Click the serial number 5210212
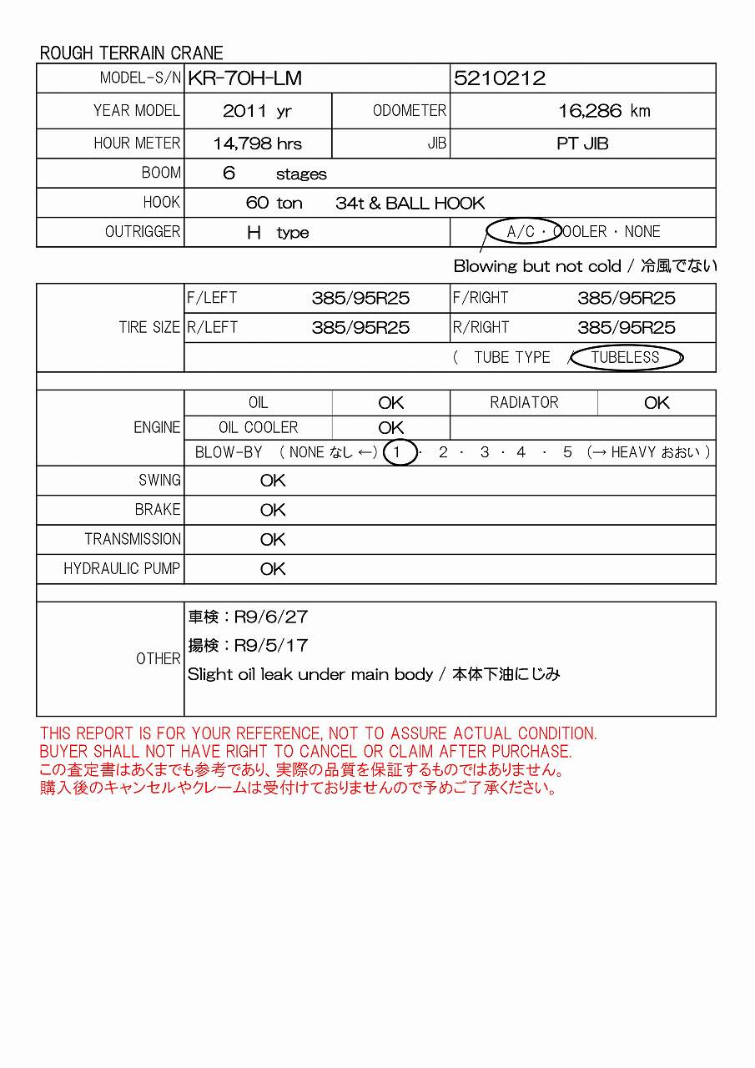pos(500,78)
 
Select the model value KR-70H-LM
pos(244,78)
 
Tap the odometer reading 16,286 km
pos(604,111)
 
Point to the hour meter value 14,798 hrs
pos(257,144)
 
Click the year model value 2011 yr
pos(257,111)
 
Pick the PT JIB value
pos(582,144)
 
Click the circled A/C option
pos(522,232)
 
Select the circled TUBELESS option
pos(626,358)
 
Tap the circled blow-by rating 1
pos(400,452)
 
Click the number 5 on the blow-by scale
pos(567,452)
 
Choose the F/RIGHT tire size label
pos(481,298)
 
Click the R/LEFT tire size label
pos(212,328)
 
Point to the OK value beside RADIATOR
pos(657,403)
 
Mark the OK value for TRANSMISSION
pos(273,540)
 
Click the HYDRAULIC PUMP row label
pos(122,569)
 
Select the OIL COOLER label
pos(258,428)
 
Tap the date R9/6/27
pos(271,617)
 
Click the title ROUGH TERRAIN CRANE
pos(132,53)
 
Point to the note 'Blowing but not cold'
pos(537,267)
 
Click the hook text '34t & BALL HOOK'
pos(410,203)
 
